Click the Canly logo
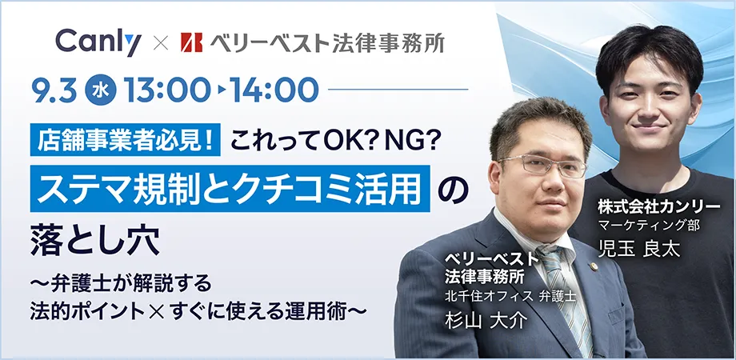coord(98,43)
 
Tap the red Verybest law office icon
coord(191,42)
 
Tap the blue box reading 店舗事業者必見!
coord(126,140)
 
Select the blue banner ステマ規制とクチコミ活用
coord(230,188)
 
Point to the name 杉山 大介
coord(486,321)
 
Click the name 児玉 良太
coord(639,249)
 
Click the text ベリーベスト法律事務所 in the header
coord(326,42)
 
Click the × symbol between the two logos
coord(161,44)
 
